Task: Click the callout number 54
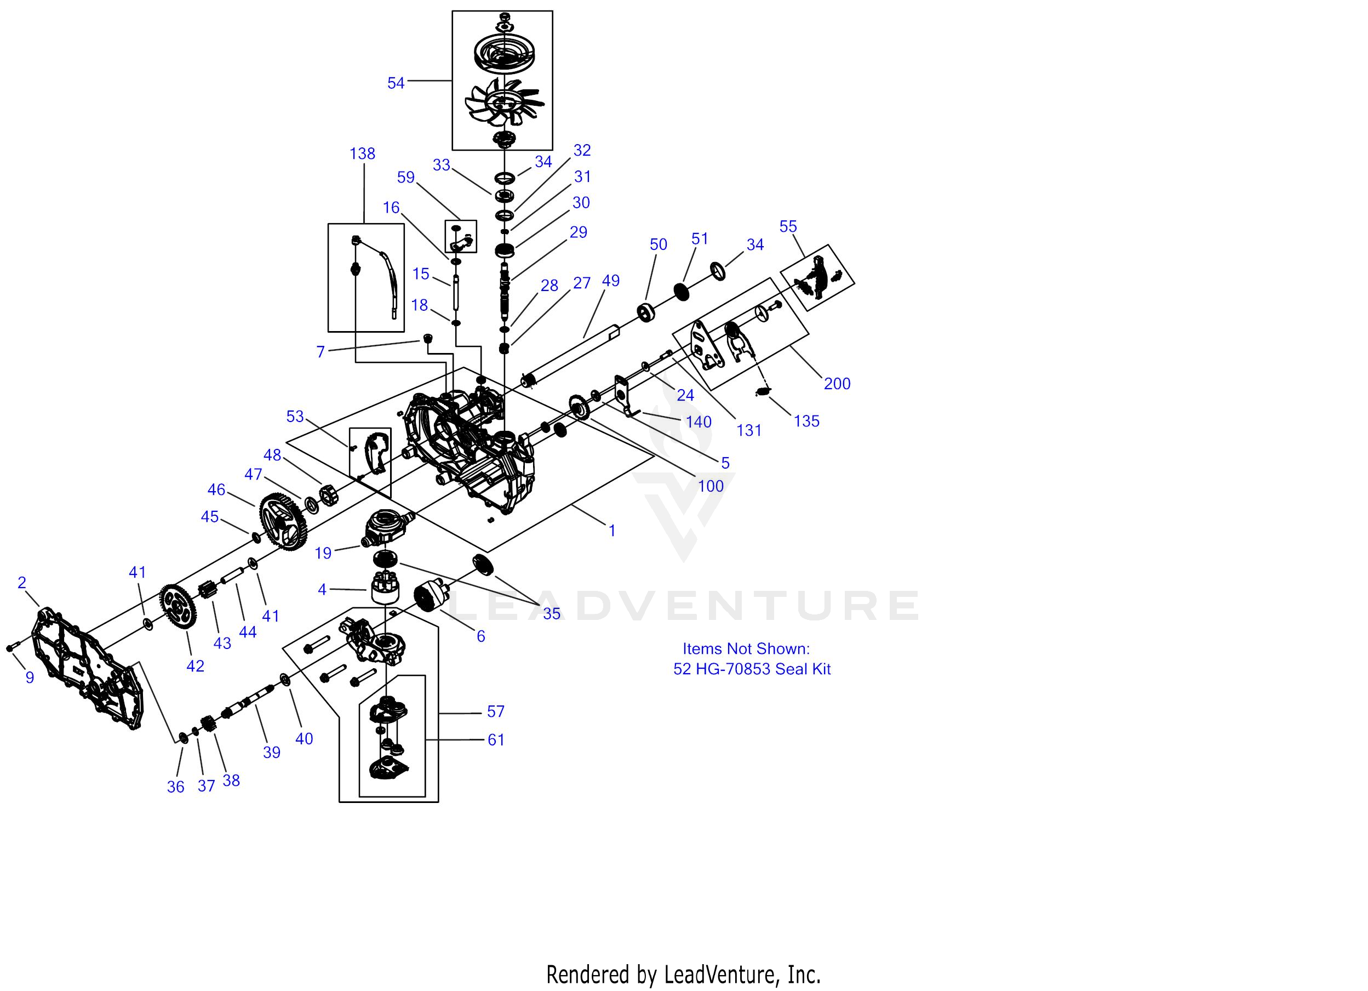pos(396,83)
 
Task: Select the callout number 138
pos(362,154)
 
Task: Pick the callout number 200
pos(837,384)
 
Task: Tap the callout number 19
pos(323,554)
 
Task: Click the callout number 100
pos(711,486)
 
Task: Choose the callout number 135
pos(806,422)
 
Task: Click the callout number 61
pos(496,740)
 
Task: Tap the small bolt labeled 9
pos(11,647)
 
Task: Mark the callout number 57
pos(495,712)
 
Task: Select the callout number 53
pos(295,417)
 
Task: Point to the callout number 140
pos(699,423)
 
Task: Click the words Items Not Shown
pos(746,649)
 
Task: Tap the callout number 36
pos(175,787)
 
